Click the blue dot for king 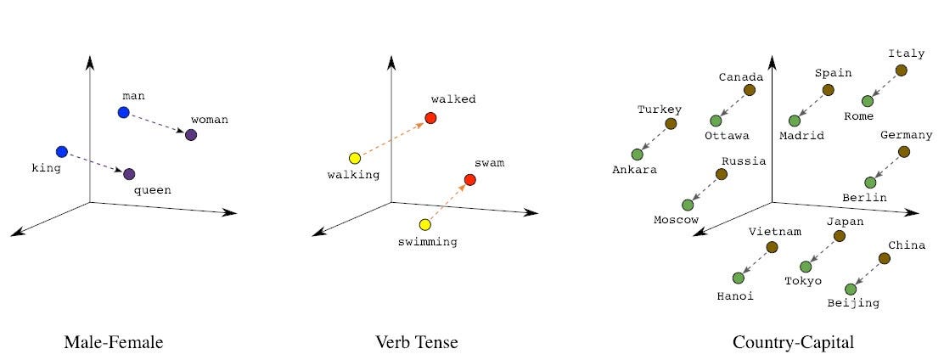pyautogui.click(x=61, y=152)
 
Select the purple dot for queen pyautogui.click(x=129, y=174)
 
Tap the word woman pyautogui.click(x=209, y=120)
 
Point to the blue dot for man pyautogui.click(x=124, y=112)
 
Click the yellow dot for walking pyautogui.click(x=355, y=158)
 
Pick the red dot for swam pyautogui.click(x=470, y=180)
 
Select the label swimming pyautogui.click(x=427, y=242)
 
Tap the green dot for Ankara pyautogui.click(x=637, y=155)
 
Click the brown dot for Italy pyautogui.click(x=901, y=70)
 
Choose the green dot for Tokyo pyautogui.click(x=806, y=267)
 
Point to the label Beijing pyautogui.click(x=853, y=302)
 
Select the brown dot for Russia pyautogui.click(x=721, y=174)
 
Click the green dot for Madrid pyautogui.click(x=795, y=121)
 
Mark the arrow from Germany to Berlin pyautogui.click(x=886, y=167)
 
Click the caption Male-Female pyautogui.click(x=113, y=342)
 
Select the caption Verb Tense pyautogui.click(x=416, y=342)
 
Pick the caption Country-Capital pyautogui.click(x=793, y=342)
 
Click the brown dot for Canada pyautogui.click(x=750, y=90)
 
